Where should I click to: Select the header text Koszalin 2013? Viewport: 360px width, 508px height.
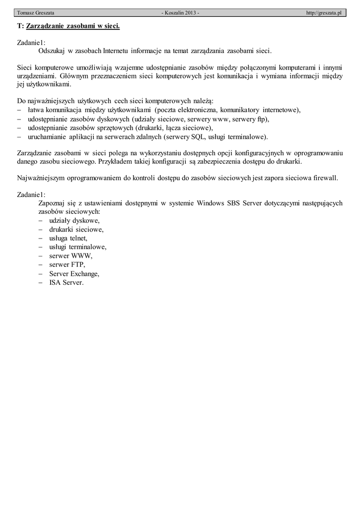pos(180,12)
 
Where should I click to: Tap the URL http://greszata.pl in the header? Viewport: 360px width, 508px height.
pos(324,12)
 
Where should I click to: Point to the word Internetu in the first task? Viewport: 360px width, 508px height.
pos(116,51)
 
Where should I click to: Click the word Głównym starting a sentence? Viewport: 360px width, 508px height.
pos(75,76)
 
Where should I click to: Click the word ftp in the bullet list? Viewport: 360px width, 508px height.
pos(263,119)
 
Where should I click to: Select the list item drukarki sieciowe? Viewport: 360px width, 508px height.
pos(76,229)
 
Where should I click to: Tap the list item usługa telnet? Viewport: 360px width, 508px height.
pos(68,238)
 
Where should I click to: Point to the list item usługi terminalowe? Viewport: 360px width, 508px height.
pos(77,247)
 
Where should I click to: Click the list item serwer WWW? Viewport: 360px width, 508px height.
pos(71,255)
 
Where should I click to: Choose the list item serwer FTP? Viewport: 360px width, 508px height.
pos(67,264)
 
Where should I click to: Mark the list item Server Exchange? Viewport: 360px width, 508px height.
pos(74,273)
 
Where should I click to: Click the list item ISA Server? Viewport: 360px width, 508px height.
pos(66,282)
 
